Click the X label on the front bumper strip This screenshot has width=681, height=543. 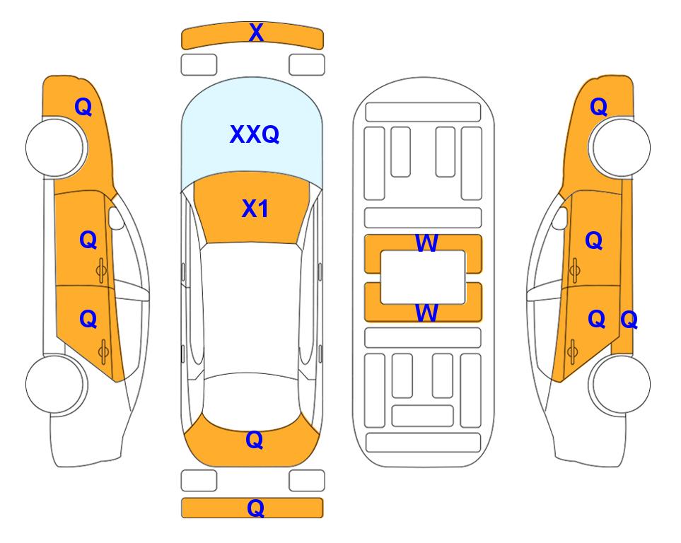click(x=256, y=33)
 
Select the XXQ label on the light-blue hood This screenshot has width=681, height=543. click(x=255, y=134)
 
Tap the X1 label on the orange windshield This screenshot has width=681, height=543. click(x=255, y=209)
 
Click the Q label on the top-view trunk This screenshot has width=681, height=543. click(x=255, y=440)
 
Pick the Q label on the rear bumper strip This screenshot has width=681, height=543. click(x=256, y=508)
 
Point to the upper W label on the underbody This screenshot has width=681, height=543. click(x=426, y=243)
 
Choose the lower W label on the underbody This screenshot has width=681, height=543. click(x=426, y=313)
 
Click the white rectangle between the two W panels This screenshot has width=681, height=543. click(x=423, y=277)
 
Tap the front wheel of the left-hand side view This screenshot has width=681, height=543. click(x=56, y=148)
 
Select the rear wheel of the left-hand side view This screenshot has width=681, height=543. click(x=56, y=384)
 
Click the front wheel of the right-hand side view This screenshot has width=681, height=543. click(x=619, y=147)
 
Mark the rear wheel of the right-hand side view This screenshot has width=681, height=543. click(x=619, y=384)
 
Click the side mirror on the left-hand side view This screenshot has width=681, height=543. click(x=115, y=218)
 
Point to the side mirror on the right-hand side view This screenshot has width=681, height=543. click(x=560, y=218)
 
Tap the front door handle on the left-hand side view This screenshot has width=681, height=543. click(x=102, y=270)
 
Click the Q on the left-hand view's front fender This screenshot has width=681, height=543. click(x=83, y=107)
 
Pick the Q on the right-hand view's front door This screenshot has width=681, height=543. click(x=594, y=240)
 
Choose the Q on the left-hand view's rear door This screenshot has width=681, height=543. click(x=88, y=320)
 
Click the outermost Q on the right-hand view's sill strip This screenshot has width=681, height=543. click(x=629, y=320)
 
